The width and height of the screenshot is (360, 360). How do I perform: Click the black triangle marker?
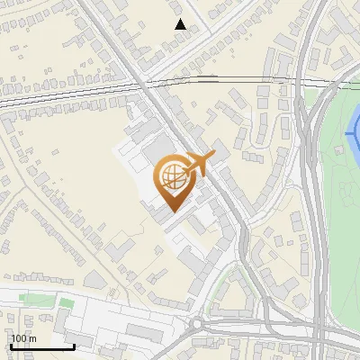(181, 24)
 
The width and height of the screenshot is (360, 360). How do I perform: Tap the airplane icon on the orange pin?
(199, 162)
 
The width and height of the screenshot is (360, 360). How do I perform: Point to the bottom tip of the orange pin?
(172, 211)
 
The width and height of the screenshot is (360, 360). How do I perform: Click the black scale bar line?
(41, 346)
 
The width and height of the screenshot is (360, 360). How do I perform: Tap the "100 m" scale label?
(23, 338)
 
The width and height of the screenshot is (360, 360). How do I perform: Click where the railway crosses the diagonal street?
(143, 85)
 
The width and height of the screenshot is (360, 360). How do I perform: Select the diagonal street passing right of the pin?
(216, 180)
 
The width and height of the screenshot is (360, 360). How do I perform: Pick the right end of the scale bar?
(74, 346)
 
